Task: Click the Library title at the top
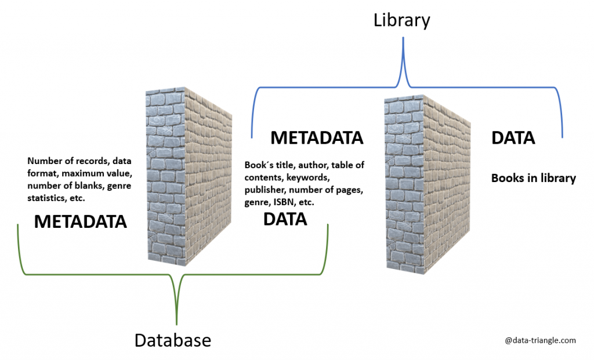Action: coord(401,21)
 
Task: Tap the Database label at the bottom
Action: coord(172,340)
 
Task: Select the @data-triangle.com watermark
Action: coord(540,340)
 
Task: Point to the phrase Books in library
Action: coord(533,178)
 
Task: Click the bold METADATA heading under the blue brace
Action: coord(317,138)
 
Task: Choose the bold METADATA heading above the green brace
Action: coord(80,221)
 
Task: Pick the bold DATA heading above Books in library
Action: coord(513,138)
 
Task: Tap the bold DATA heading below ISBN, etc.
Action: coord(285,219)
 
